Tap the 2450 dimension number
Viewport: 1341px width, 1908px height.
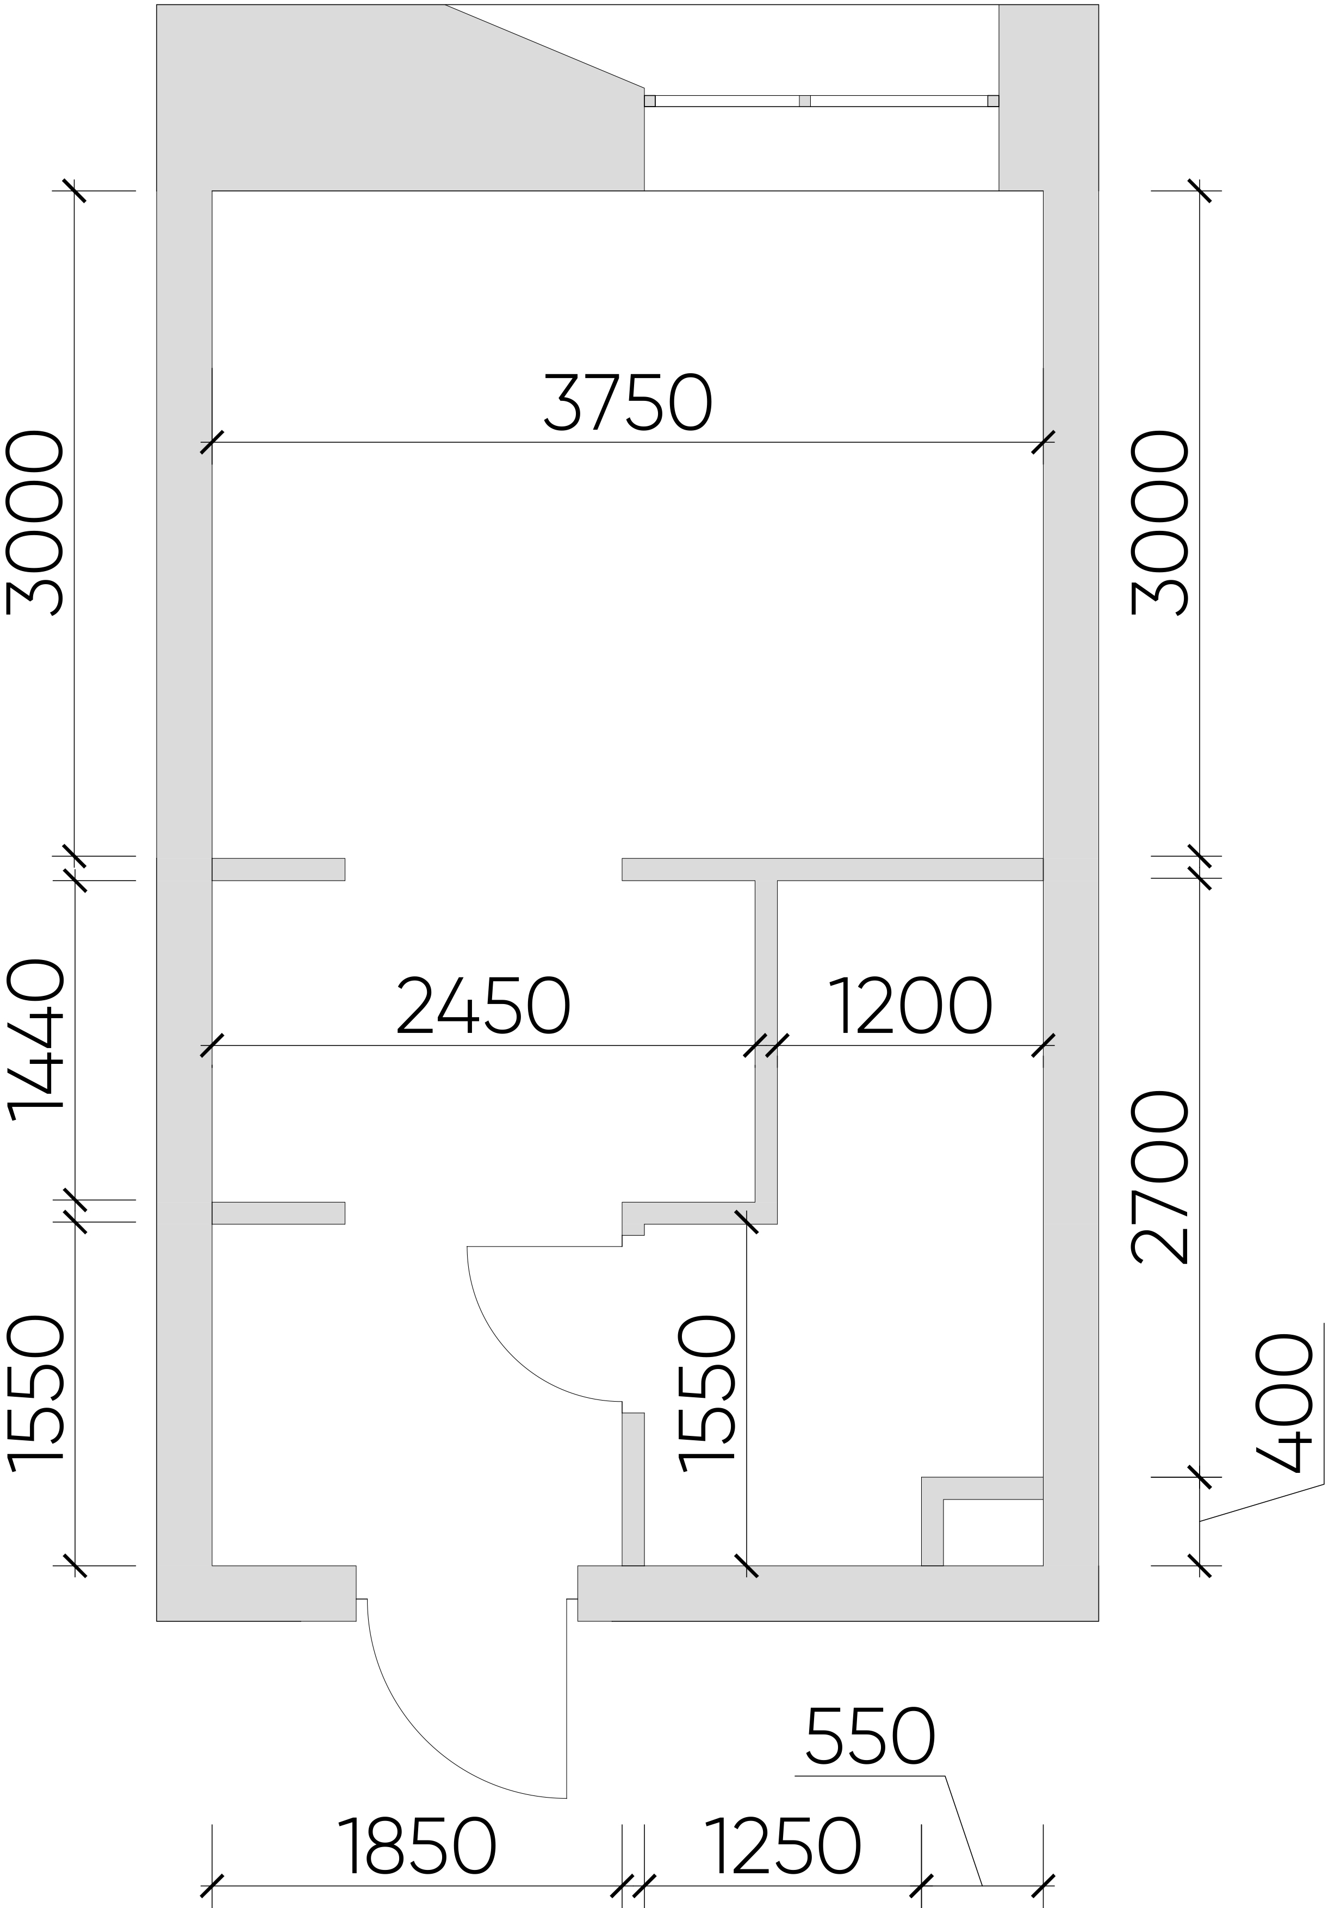click(483, 1006)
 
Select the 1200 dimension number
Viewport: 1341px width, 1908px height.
click(911, 1006)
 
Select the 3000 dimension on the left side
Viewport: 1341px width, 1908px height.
click(35, 523)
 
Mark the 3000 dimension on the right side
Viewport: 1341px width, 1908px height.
click(1160, 523)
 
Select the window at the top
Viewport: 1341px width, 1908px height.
click(821, 101)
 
